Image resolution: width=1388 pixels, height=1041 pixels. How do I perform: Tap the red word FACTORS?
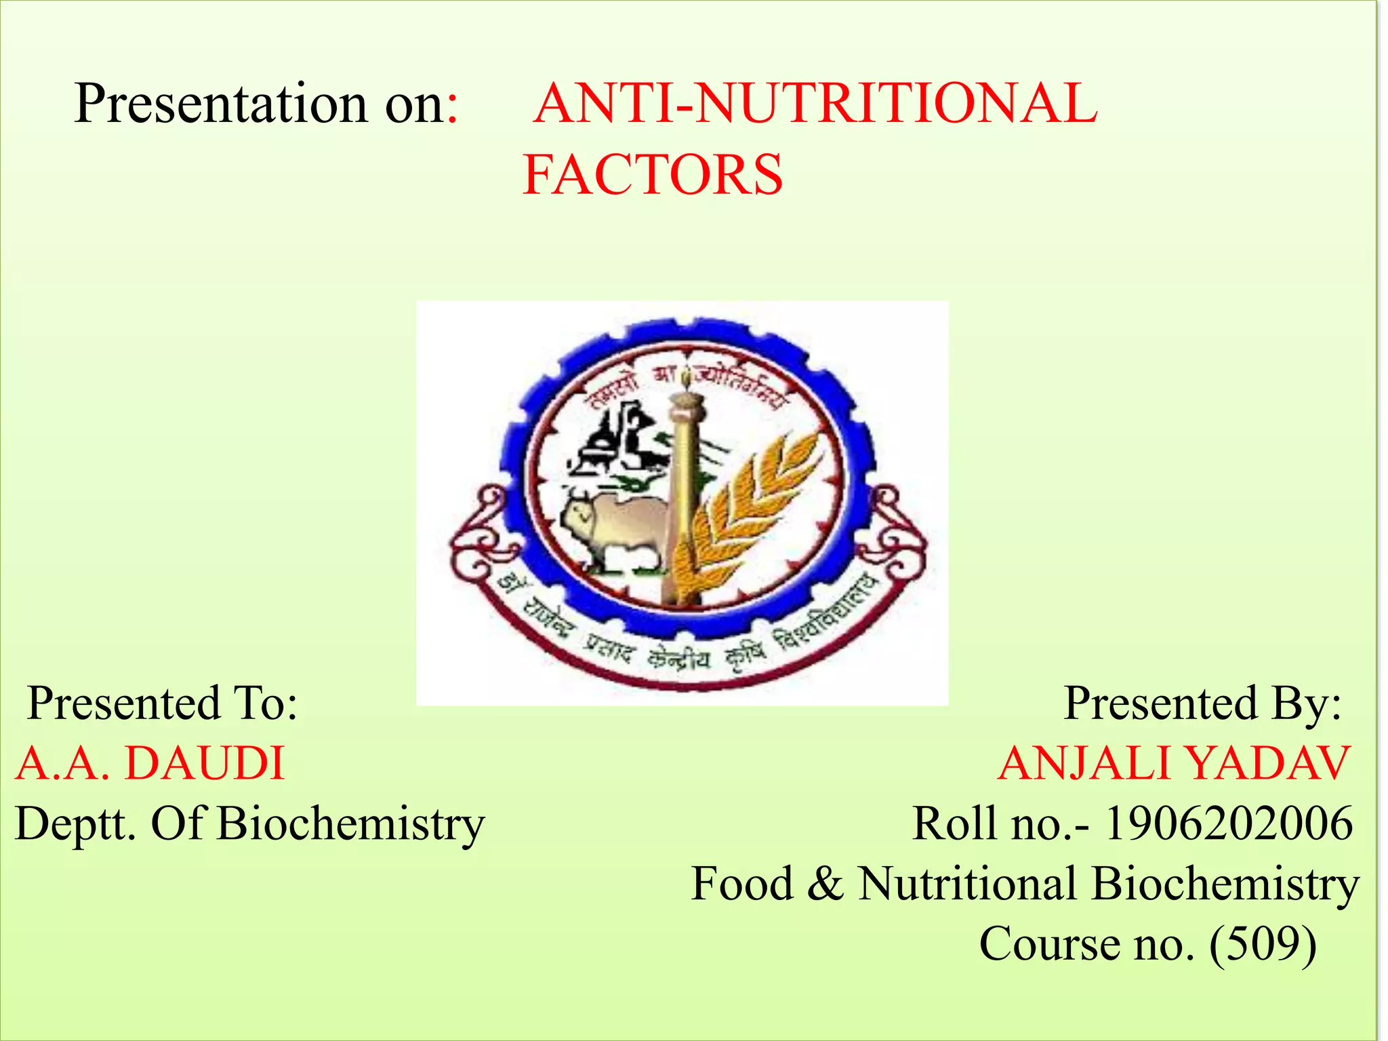653,175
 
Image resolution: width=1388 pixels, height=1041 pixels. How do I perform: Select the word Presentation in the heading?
220,104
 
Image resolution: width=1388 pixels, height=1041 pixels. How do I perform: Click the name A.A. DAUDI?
150,764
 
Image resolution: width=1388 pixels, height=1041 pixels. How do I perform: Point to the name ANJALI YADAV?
1175,764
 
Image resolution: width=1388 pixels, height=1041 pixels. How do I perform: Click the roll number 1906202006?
1229,824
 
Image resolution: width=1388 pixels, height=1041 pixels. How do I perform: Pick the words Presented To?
163,703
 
